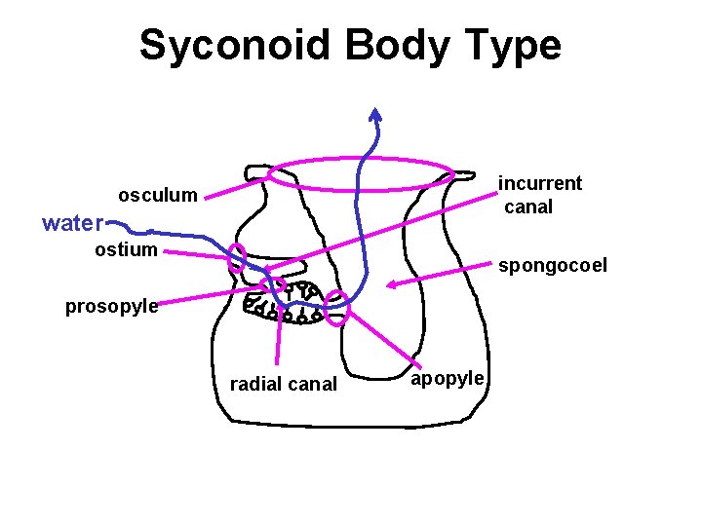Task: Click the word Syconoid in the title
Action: click(x=228, y=46)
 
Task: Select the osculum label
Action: click(x=157, y=195)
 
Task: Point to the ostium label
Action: click(x=126, y=249)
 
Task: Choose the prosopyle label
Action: click(x=111, y=306)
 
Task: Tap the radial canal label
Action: click(x=283, y=384)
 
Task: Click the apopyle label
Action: click(x=447, y=377)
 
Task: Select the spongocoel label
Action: click(x=552, y=265)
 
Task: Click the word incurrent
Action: click(x=540, y=183)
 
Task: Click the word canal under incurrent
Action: click(x=528, y=207)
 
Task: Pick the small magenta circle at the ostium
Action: click(x=237, y=257)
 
